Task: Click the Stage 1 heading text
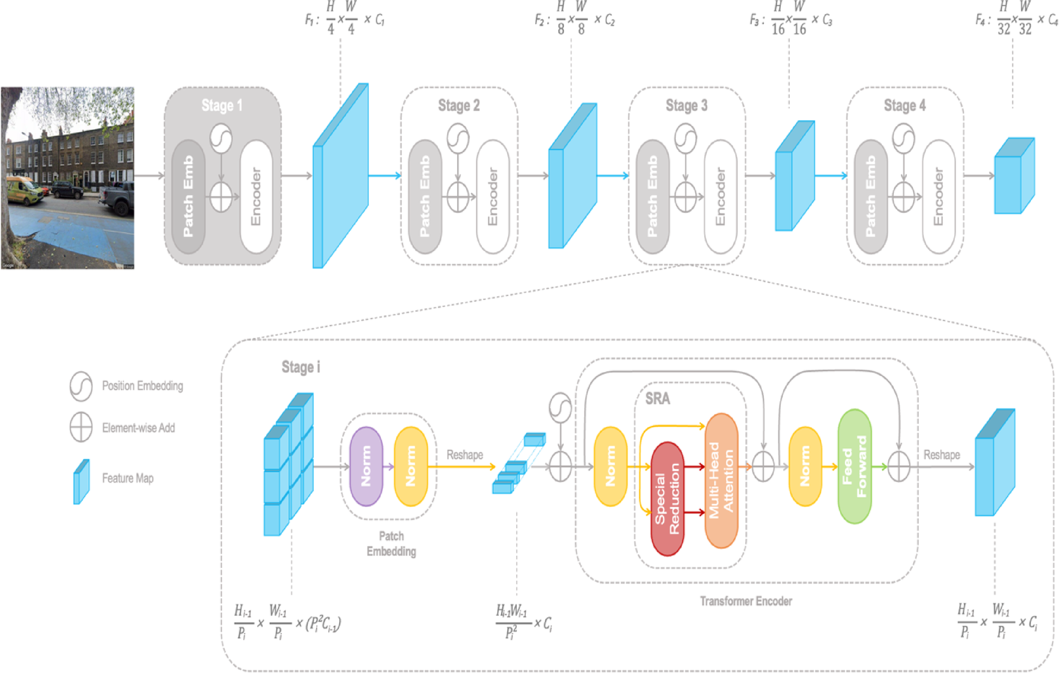point(222,105)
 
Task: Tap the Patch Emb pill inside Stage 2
point(425,196)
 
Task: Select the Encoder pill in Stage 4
point(938,196)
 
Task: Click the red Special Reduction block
point(667,498)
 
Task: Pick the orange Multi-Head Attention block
point(721,480)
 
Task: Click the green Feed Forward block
point(854,466)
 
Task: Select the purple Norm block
point(366,466)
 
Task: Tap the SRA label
point(657,399)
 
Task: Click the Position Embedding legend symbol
point(81,386)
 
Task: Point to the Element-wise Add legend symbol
point(81,428)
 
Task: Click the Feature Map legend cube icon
point(81,481)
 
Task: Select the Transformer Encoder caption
point(745,601)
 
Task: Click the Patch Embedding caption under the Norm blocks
point(391,544)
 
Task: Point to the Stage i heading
point(300,367)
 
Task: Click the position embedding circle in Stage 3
point(685,139)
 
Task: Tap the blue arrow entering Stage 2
point(385,176)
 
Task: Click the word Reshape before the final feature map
point(941,455)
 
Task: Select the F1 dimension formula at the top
point(345,19)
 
